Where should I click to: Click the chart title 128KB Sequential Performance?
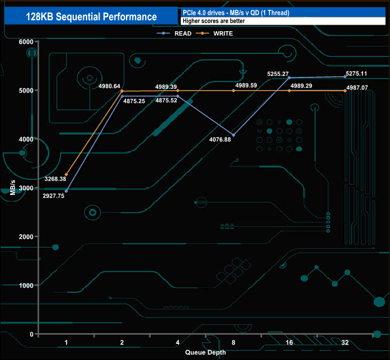click(92, 17)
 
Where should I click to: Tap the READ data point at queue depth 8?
click(233, 135)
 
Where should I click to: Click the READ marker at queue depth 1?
click(67, 191)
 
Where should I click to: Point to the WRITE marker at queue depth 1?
click(67, 175)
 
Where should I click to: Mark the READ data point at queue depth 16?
click(289, 77)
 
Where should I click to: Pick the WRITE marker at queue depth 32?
click(345, 91)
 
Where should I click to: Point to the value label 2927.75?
click(53, 196)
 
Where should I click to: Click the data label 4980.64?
click(109, 86)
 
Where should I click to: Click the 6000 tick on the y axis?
click(26, 41)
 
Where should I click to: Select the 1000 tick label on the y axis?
click(26, 285)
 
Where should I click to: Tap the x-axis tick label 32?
click(345, 343)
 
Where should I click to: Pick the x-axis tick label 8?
click(233, 343)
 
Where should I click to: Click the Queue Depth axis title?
click(205, 352)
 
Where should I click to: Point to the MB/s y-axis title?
click(12, 188)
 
